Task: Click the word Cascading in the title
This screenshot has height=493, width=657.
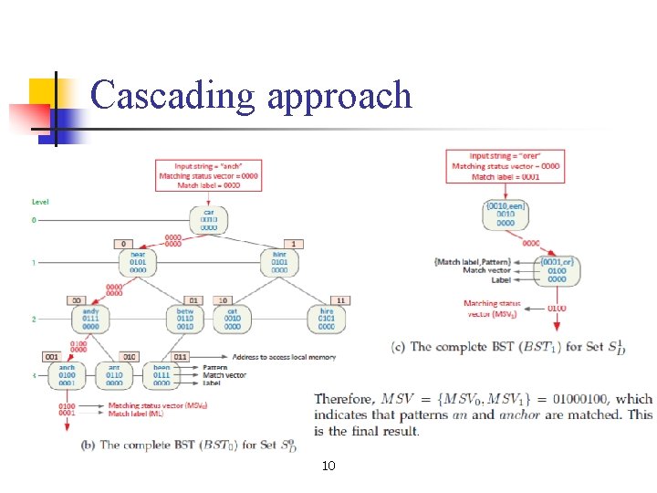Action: coord(173,95)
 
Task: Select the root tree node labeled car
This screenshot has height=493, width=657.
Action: coord(208,219)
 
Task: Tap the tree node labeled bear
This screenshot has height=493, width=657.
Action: coord(138,262)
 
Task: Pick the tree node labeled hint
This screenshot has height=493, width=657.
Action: coord(279,262)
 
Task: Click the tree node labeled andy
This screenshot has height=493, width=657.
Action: coord(91,319)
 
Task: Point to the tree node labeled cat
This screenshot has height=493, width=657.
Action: coord(233,319)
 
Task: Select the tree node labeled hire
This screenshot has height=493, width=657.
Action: coord(327,319)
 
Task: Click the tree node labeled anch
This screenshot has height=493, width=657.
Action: coord(68,374)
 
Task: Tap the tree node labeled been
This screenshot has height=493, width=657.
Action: coord(162,374)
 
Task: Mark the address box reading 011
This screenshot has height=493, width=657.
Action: coord(180,356)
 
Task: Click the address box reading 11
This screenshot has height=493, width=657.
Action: coord(340,299)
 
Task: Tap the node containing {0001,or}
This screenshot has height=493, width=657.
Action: coord(556,271)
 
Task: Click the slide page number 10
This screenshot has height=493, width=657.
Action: coord(328,467)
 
